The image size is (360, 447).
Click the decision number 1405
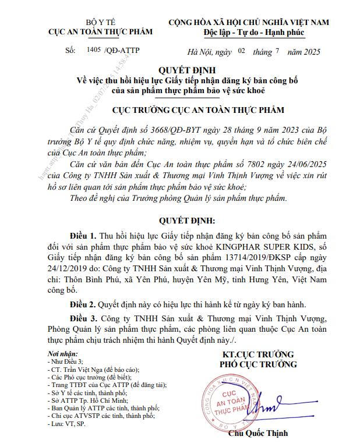click(93, 51)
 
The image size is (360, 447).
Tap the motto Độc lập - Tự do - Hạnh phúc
click(249, 32)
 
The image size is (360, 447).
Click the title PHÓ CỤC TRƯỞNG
click(259, 365)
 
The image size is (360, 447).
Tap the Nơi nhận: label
click(61, 354)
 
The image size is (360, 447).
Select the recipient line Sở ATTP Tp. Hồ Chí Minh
click(89, 400)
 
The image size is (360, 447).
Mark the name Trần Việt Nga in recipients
click(82, 369)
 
